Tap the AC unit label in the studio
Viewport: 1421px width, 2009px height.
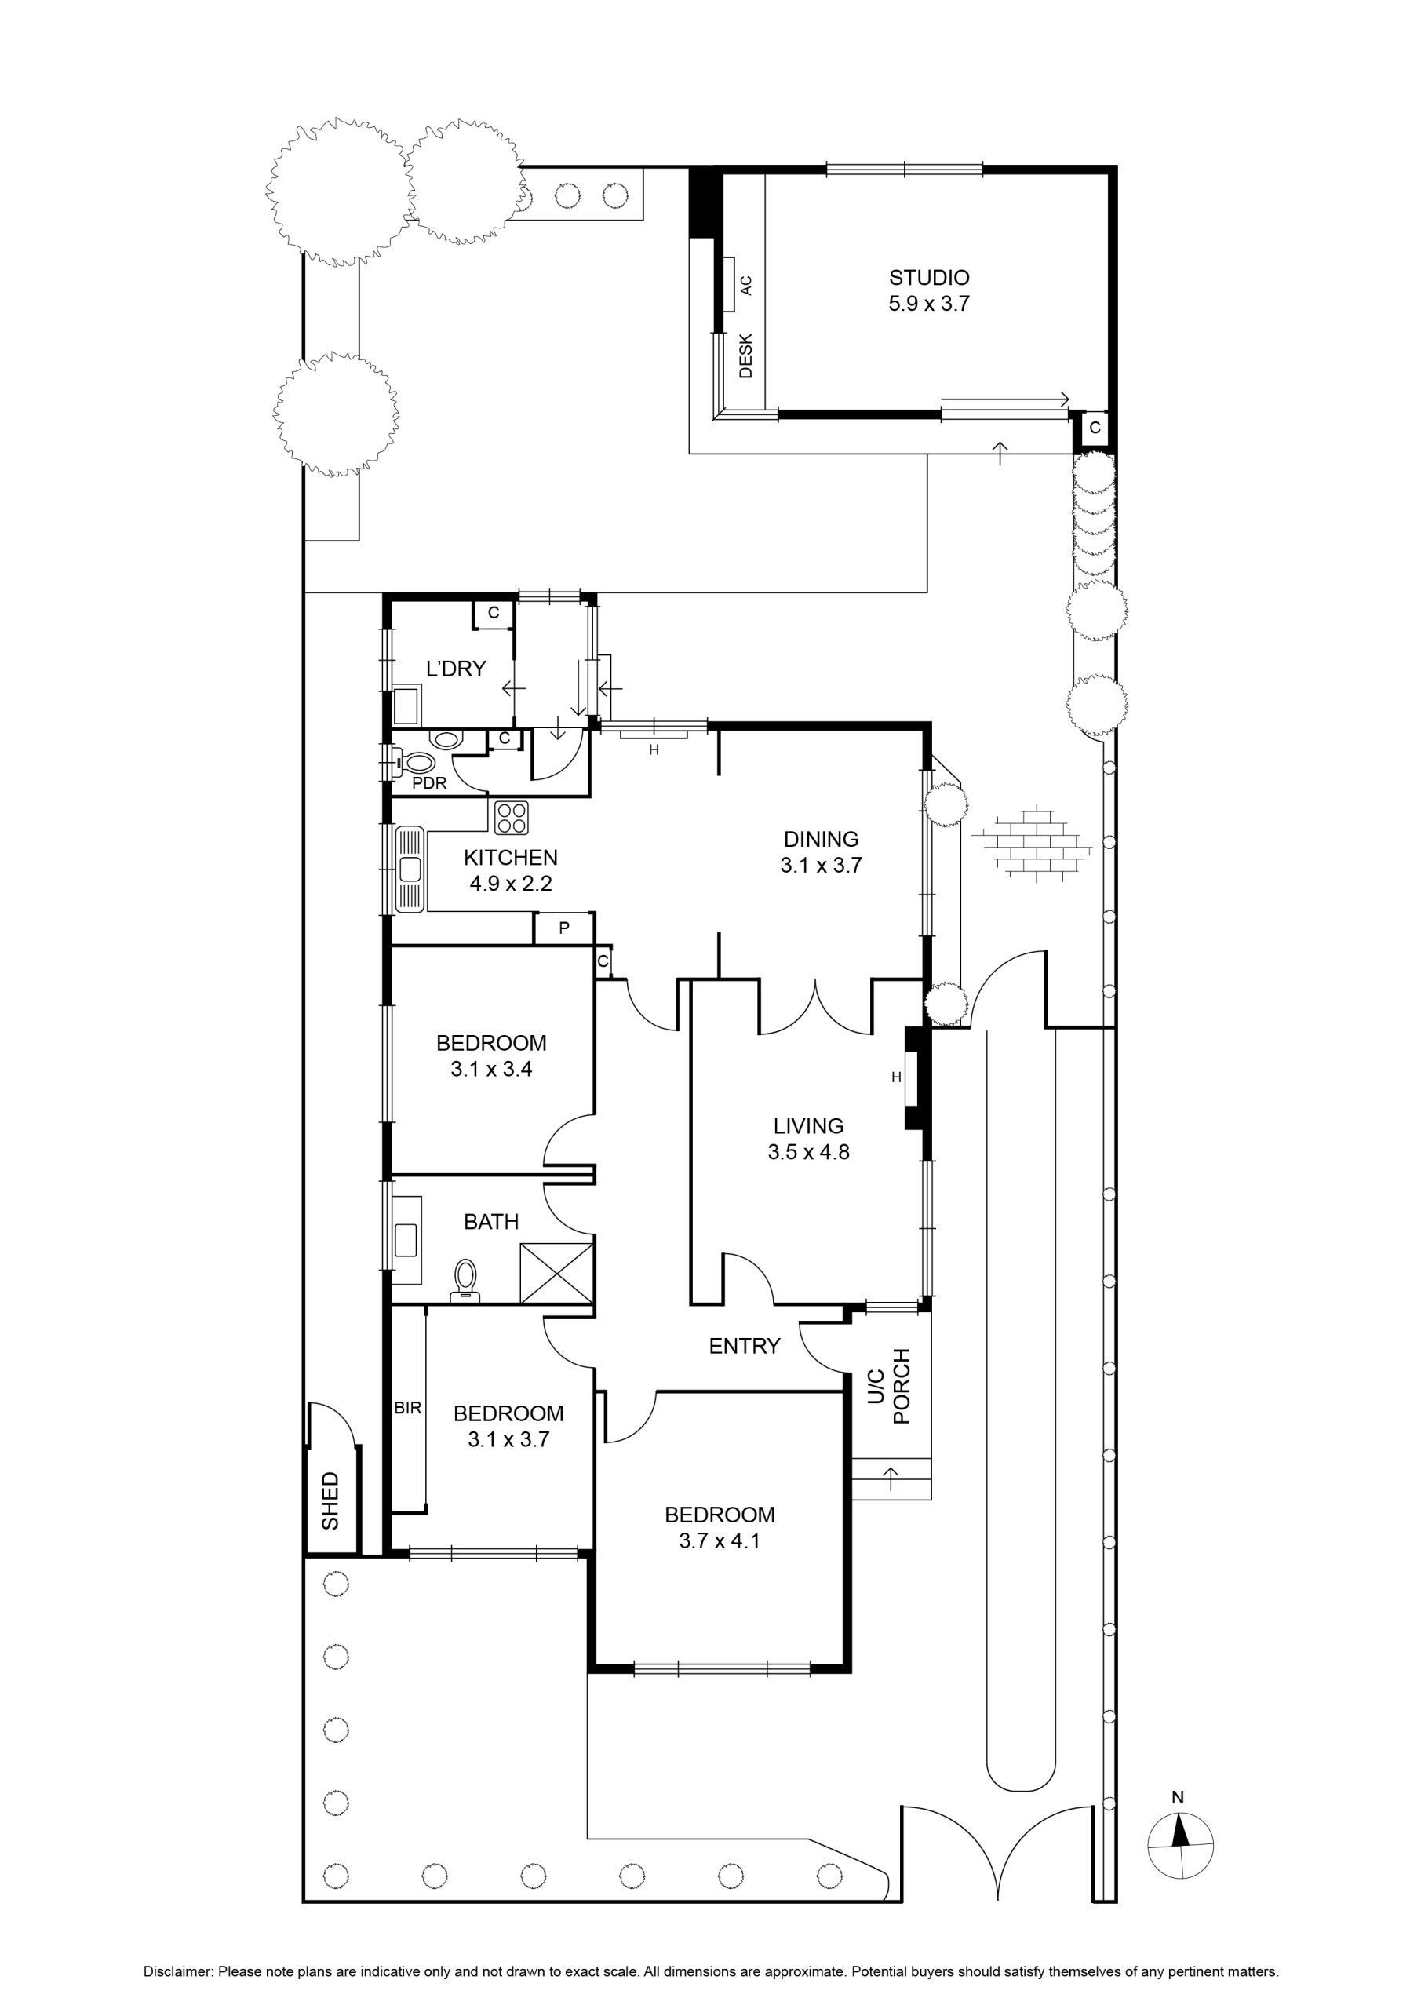[x=745, y=285]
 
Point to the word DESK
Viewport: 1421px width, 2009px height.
[x=745, y=355]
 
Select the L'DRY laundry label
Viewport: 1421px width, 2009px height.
[x=456, y=669]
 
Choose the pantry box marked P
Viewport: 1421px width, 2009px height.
[x=563, y=928]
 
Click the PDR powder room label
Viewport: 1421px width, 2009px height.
[x=430, y=783]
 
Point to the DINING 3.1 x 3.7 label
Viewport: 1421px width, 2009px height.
[x=821, y=852]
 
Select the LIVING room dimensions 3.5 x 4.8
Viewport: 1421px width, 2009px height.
[x=808, y=1152]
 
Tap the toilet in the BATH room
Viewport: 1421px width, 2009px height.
[x=465, y=1281]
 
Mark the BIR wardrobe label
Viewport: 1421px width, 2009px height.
[x=409, y=1409]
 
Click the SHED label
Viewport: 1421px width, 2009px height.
[x=330, y=1500]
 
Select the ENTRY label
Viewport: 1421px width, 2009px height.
[x=744, y=1346]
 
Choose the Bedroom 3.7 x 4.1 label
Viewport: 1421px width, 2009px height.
[x=720, y=1528]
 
